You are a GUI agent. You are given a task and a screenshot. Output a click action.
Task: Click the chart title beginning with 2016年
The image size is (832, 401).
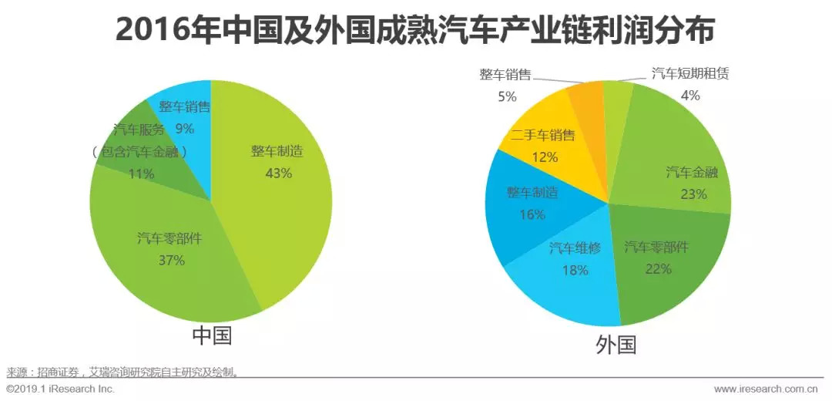[x=415, y=31]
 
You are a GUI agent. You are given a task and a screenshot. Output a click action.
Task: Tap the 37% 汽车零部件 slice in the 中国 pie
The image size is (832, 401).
[x=169, y=262]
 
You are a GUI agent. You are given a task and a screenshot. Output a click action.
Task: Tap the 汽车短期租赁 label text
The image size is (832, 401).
[x=689, y=74]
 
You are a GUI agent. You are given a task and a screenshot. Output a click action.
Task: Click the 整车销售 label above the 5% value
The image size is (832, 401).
[x=505, y=74]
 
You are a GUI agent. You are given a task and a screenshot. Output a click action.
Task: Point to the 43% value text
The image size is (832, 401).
[x=278, y=173]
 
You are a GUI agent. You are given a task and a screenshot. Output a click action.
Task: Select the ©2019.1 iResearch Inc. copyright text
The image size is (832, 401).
[x=60, y=389]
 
